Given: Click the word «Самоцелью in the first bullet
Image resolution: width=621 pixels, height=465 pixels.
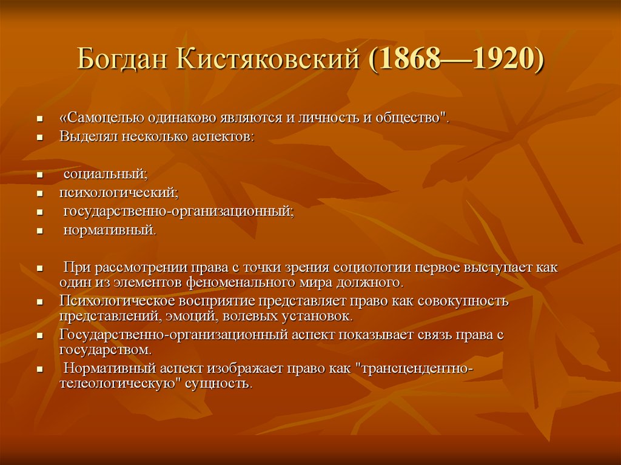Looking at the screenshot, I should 98,117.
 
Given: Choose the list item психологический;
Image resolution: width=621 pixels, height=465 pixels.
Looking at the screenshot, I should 118,193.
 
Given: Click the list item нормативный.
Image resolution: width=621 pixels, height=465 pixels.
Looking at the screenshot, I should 110,230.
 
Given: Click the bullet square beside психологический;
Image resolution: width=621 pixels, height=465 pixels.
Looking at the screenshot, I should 39,195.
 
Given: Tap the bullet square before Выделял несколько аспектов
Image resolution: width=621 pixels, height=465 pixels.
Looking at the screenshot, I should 39,138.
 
